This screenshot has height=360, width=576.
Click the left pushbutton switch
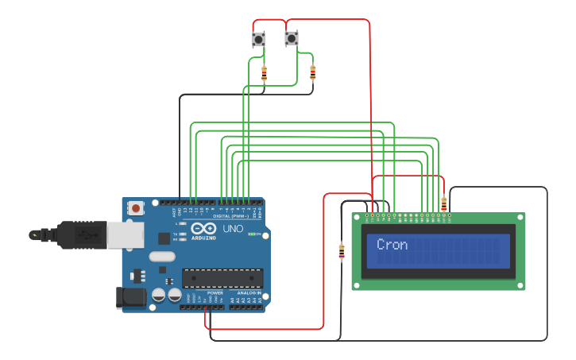tap(258, 38)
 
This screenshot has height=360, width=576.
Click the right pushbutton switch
tap(292, 38)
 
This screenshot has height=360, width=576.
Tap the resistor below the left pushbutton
tap(265, 74)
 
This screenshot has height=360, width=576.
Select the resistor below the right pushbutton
tap(312, 73)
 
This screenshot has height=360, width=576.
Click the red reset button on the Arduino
tap(136, 208)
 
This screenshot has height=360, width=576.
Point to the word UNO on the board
tap(233, 229)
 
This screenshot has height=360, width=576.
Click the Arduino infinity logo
tap(203, 228)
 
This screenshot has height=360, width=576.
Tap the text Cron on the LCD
tap(392, 245)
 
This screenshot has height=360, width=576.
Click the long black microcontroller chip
tap(222, 277)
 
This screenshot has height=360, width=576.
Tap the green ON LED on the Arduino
tap(253, 234)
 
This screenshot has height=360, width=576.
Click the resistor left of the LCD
tap(342, 252)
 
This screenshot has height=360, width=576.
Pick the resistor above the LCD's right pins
tap(443, 203)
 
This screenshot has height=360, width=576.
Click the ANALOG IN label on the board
tap(247, 293)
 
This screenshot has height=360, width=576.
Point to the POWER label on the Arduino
tap(215, 293)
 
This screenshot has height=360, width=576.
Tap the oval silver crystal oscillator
tap(161, 256)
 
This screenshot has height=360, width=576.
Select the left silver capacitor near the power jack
tap(159, 295)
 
